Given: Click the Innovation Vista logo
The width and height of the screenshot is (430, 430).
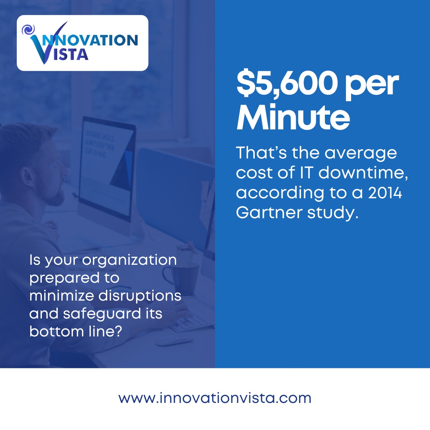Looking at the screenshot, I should [x=82, y=43].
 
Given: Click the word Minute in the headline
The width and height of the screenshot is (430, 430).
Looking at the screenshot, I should [x=293, y=117].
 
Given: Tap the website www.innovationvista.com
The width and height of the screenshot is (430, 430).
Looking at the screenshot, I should [x=215, y=398].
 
